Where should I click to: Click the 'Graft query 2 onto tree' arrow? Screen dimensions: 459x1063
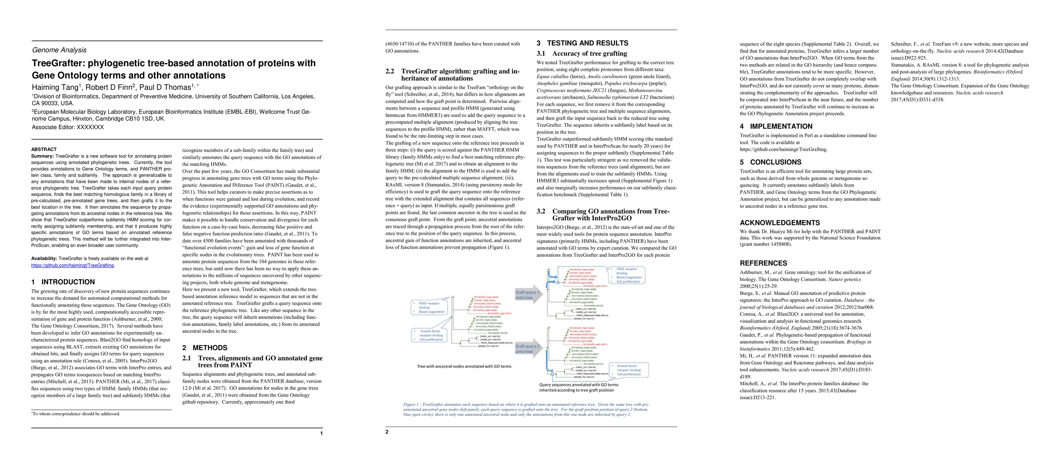[x=528, y=349]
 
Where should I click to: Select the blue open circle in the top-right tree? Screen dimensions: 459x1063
[x=558, y=283]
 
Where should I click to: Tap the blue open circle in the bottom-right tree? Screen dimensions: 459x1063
[x=553, y=374]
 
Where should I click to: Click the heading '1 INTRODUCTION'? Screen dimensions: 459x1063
[x=63, y=282]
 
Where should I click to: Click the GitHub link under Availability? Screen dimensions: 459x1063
[x=73, y=265]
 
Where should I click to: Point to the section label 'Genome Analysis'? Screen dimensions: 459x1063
[x=59, y=50]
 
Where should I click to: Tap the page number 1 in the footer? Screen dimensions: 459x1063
[x=321, y=433]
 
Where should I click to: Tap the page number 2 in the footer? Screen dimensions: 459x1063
[x=387, y=432]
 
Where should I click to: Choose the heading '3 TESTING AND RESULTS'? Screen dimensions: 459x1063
[x=582, y=43]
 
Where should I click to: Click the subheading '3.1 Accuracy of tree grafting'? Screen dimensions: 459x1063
[x=581, y=53]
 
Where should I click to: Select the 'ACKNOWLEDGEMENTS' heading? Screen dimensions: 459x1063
[x=779, y=223]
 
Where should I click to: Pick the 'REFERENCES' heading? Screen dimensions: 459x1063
[x=763, y=263]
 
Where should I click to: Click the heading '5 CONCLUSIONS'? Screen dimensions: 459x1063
[x=771, y=162]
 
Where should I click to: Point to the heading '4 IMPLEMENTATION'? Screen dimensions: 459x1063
[x=776, y=126]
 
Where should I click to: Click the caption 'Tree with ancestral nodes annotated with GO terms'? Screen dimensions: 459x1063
[x=464, y=366]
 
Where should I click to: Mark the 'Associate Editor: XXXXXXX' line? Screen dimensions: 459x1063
[x=68, y=127]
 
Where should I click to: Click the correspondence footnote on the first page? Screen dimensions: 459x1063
[x=76, y=414]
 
